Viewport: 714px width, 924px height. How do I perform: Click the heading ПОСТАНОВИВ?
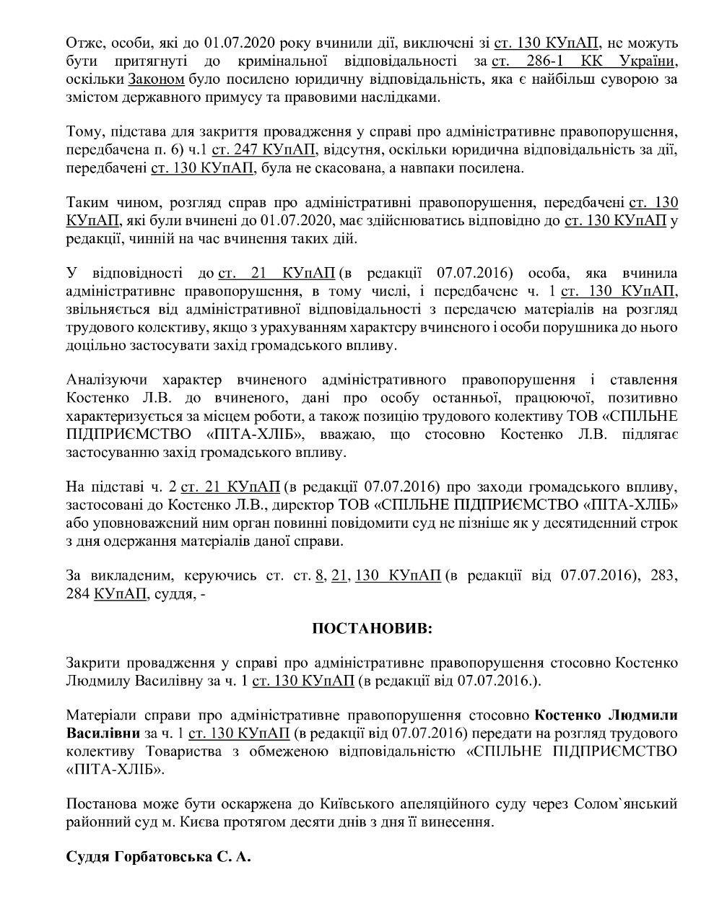pos(372,628)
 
